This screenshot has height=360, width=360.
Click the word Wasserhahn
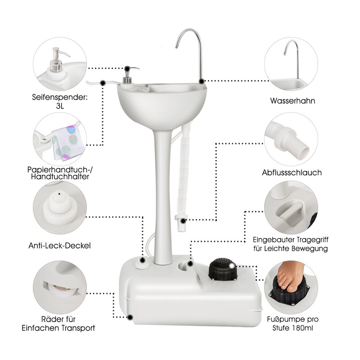click(292, 100)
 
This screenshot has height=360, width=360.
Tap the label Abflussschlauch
click(292, 172)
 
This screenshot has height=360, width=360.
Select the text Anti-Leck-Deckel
click(59, 246)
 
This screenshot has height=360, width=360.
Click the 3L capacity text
click(60, 106)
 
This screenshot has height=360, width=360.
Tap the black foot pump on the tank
click(223, 269)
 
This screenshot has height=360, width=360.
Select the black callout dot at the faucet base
click(202, 81)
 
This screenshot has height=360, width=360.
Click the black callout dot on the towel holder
click(103, 83)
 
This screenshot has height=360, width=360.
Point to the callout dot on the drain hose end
click(183, 221)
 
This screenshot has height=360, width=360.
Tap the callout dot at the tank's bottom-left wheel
click(130, 318)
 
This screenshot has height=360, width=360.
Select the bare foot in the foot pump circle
click(290, 275)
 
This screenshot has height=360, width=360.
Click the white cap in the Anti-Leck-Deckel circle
click(60, 208)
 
